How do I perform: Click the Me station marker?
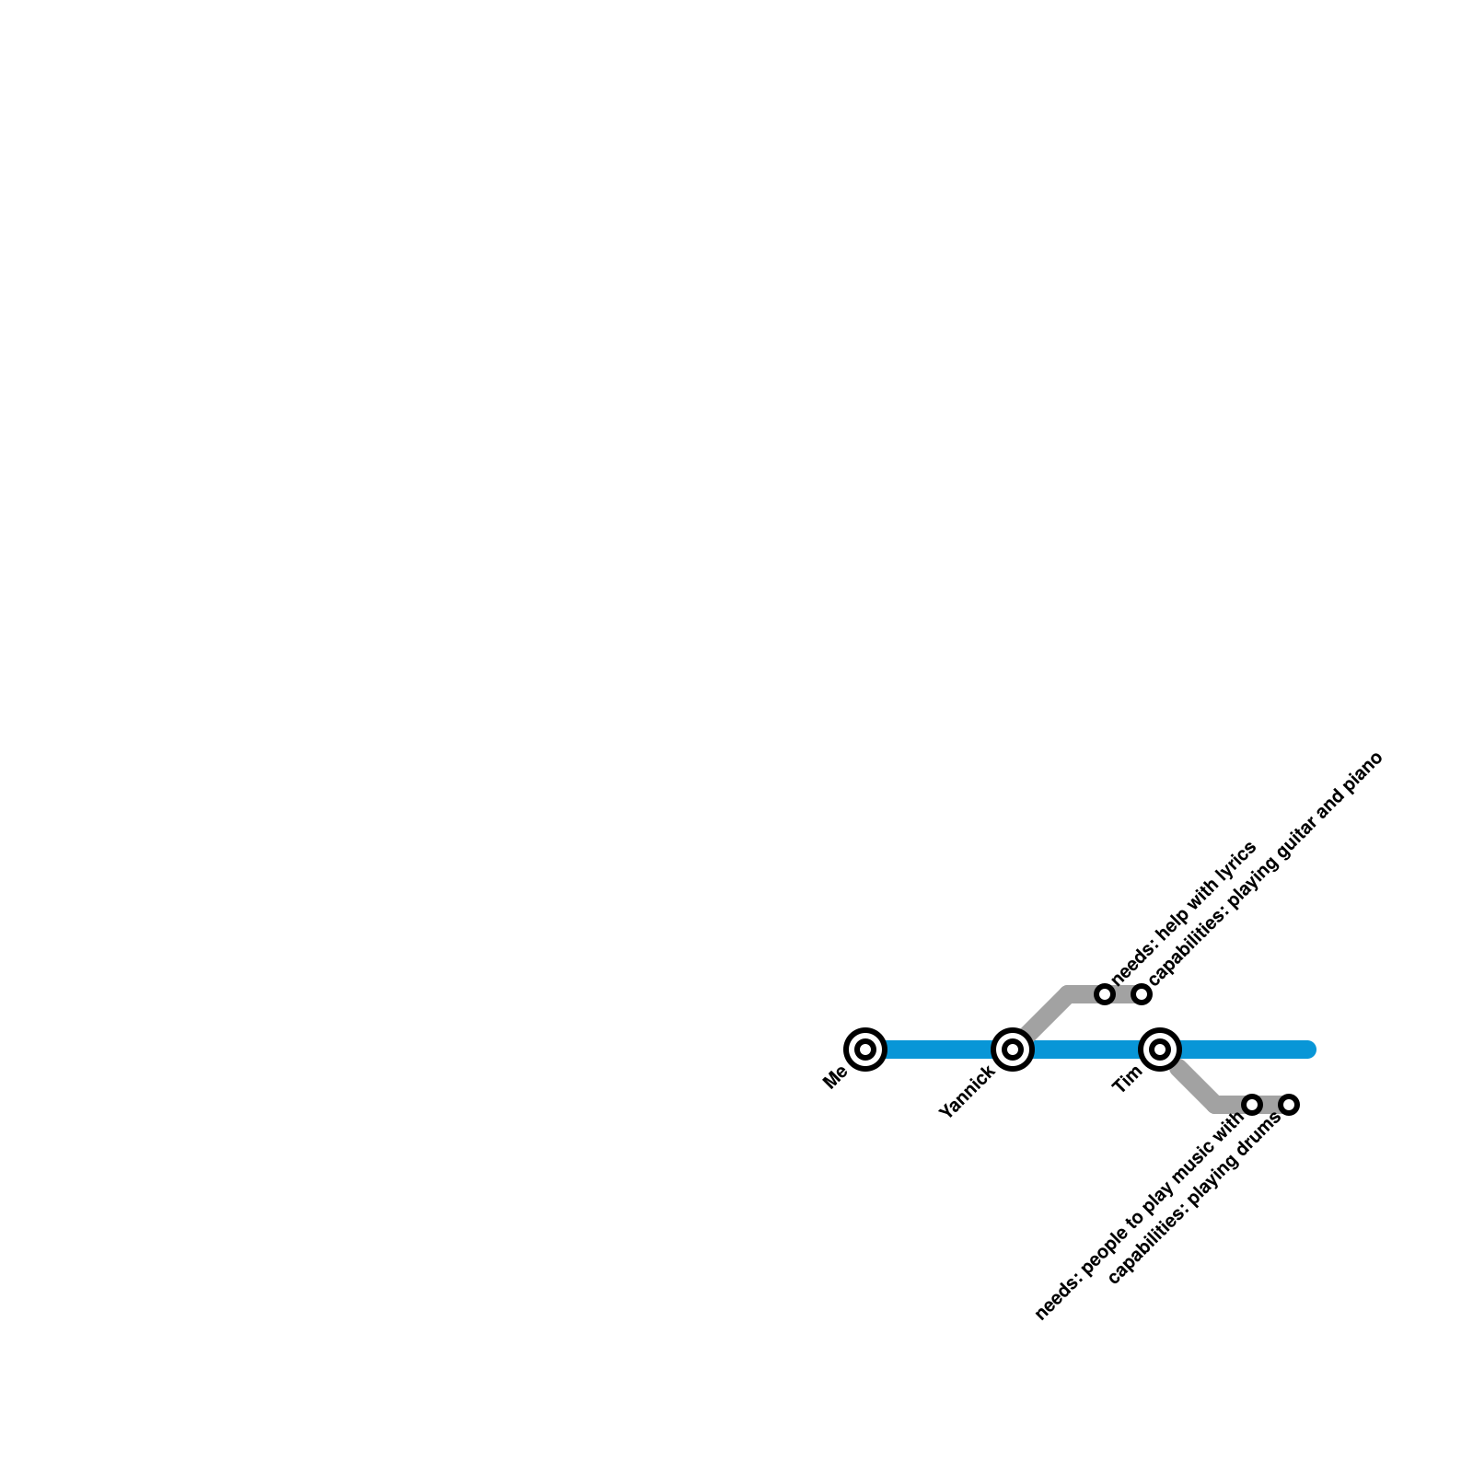[864, 1049]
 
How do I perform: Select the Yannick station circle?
[1012, 1049]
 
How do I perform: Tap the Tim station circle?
[1160, 1049]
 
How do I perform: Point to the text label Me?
[836, 1077]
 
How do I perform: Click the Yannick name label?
[966, 1093]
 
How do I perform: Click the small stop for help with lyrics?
[1105, 993]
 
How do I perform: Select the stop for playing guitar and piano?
[1142, 993]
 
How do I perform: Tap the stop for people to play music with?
[1252, 1104]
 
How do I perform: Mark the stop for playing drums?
[1289, 1104]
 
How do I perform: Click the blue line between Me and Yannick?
[939, 1049]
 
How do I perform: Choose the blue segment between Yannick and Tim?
[1086, 1049]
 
